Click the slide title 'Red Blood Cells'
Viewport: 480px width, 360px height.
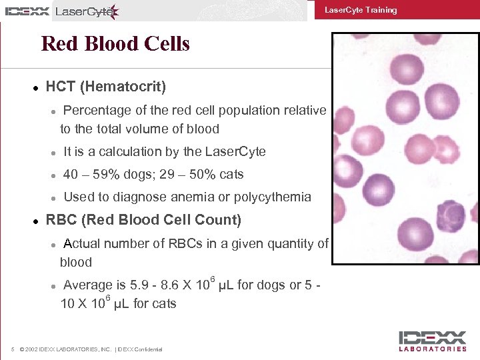(x=115, y=44)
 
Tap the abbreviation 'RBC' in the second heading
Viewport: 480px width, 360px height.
(x=61, y=220)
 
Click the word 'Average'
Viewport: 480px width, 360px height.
(x=88, y=285)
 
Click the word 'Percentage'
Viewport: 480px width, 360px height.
(x=97, y=111)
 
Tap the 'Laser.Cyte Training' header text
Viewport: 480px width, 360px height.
(x=360, y=10)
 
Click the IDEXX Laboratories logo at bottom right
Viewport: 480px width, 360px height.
(x=433, y=341)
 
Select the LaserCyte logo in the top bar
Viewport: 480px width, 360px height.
(x=87, y=11)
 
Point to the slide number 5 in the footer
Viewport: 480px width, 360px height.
(x=13, y=349)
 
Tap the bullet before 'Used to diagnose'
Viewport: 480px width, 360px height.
(x=53, y=197)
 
